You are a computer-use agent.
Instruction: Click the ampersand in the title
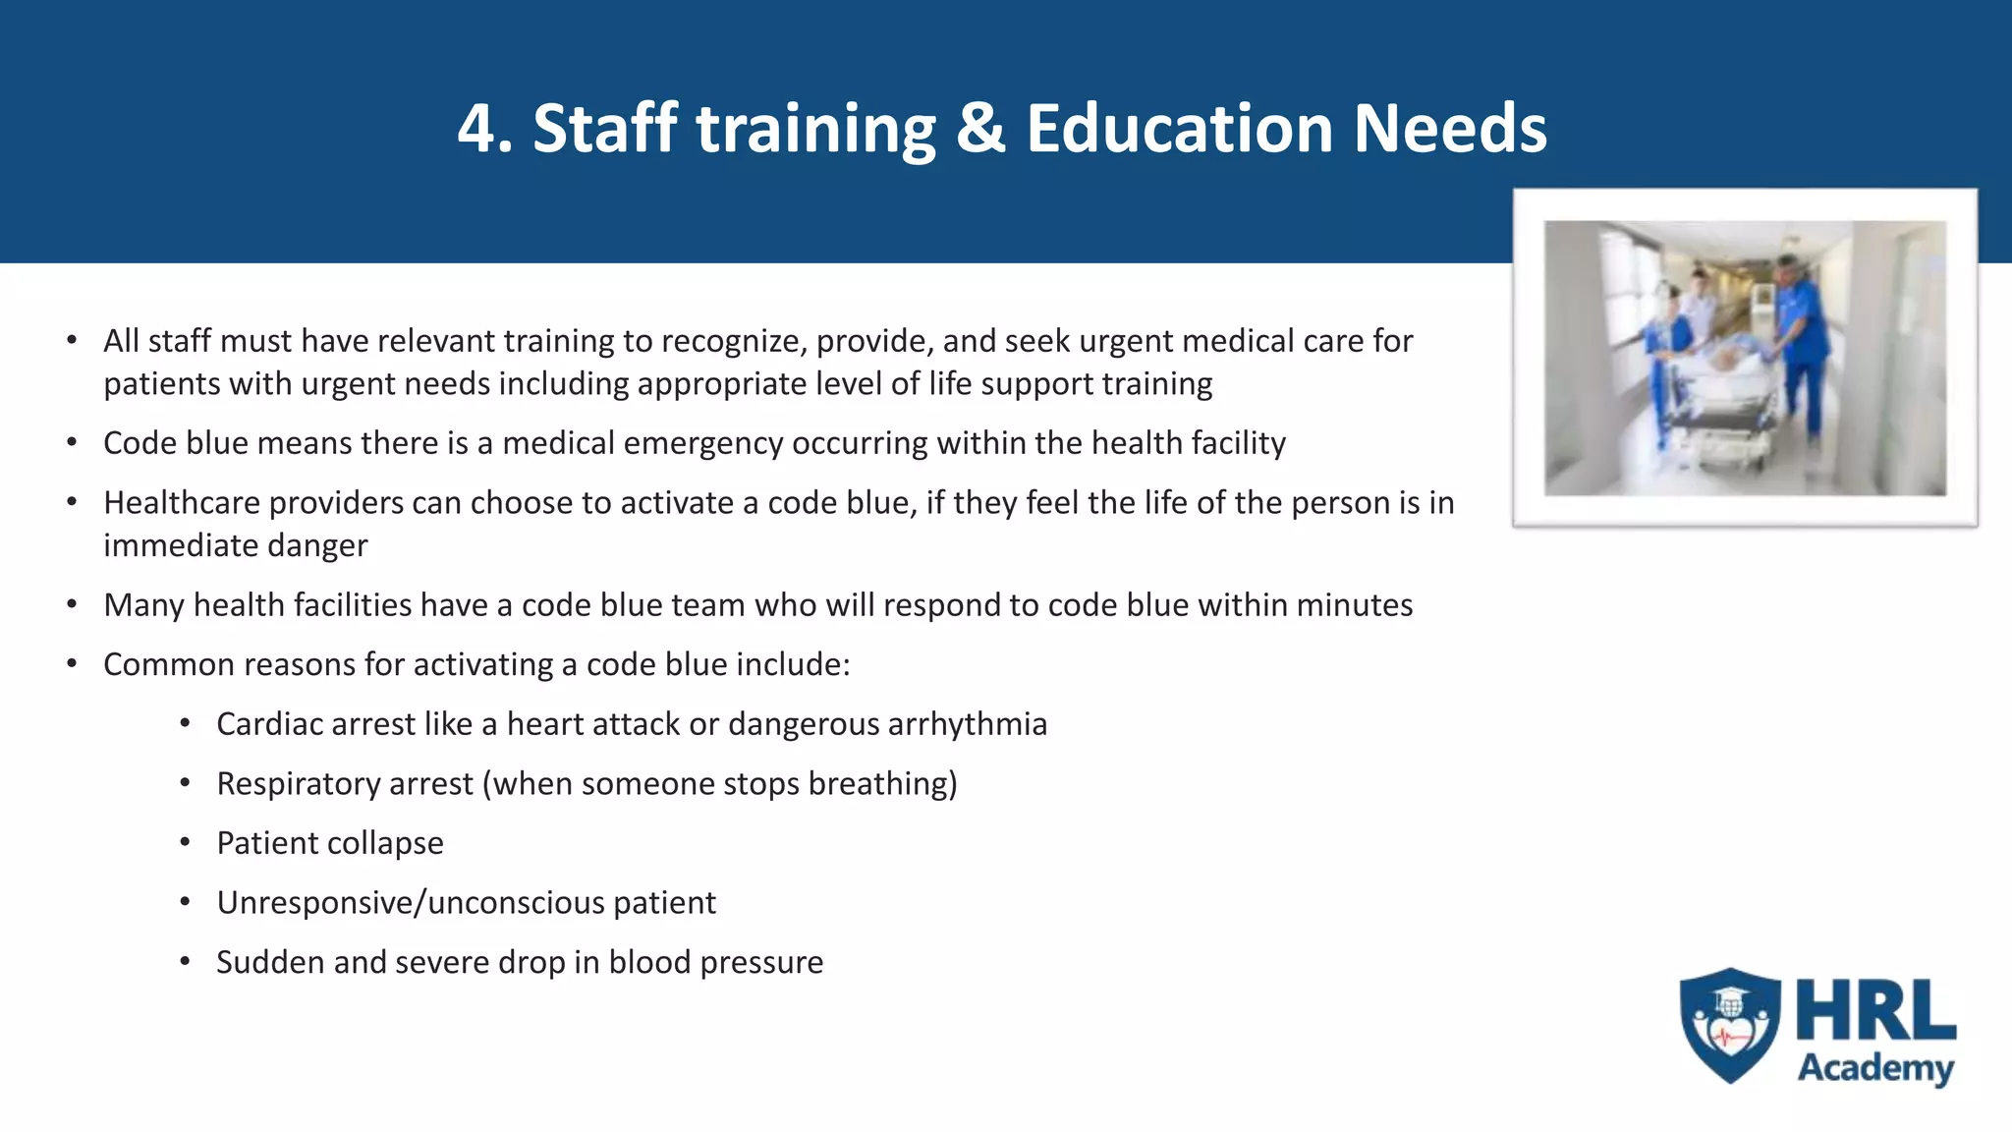(x=980, y=129)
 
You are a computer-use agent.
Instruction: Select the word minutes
(x=1355, y=605)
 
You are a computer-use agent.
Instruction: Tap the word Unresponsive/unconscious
(x=411, y=903)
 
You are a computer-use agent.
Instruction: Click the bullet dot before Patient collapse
(x=185, y=842)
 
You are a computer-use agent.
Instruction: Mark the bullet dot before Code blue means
(x=72, y=442)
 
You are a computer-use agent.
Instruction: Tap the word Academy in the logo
(x=1875, y=1068)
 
